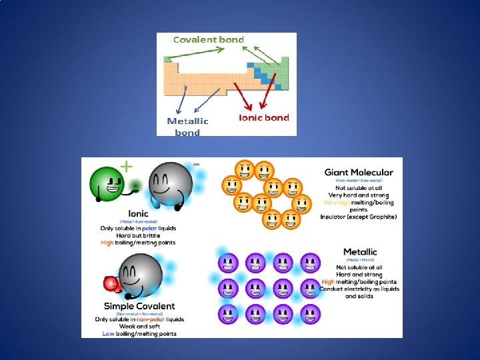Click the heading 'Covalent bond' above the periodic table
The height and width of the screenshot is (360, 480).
209,39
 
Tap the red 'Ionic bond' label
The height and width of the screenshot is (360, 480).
264,118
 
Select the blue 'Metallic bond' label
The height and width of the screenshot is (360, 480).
187,127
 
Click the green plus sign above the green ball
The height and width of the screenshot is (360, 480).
125,167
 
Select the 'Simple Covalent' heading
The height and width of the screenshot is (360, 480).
139,307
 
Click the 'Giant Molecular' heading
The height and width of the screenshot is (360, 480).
359,172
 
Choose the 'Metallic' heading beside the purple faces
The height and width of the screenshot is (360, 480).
359,251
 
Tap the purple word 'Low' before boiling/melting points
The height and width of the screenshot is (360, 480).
109,333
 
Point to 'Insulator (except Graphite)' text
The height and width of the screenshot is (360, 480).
359,217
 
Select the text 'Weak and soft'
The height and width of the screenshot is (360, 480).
139,326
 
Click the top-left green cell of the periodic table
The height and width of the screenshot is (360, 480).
167,59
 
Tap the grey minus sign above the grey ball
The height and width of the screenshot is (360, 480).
196,163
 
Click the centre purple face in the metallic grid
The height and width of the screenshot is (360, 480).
255,288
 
